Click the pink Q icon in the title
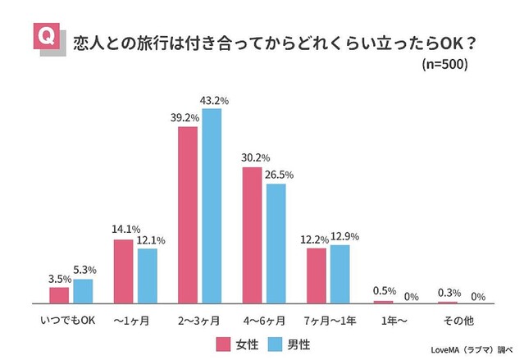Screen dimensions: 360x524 pos(47,36)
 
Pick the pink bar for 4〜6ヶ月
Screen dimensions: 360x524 pos(252,235)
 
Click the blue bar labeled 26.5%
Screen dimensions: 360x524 pos(276,243)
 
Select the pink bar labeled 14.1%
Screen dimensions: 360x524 pos(123,271)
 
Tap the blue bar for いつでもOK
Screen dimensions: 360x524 pos(83,291)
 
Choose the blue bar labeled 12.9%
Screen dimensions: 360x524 pos(339,274)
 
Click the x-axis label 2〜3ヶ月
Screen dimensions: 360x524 pos(200,318)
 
